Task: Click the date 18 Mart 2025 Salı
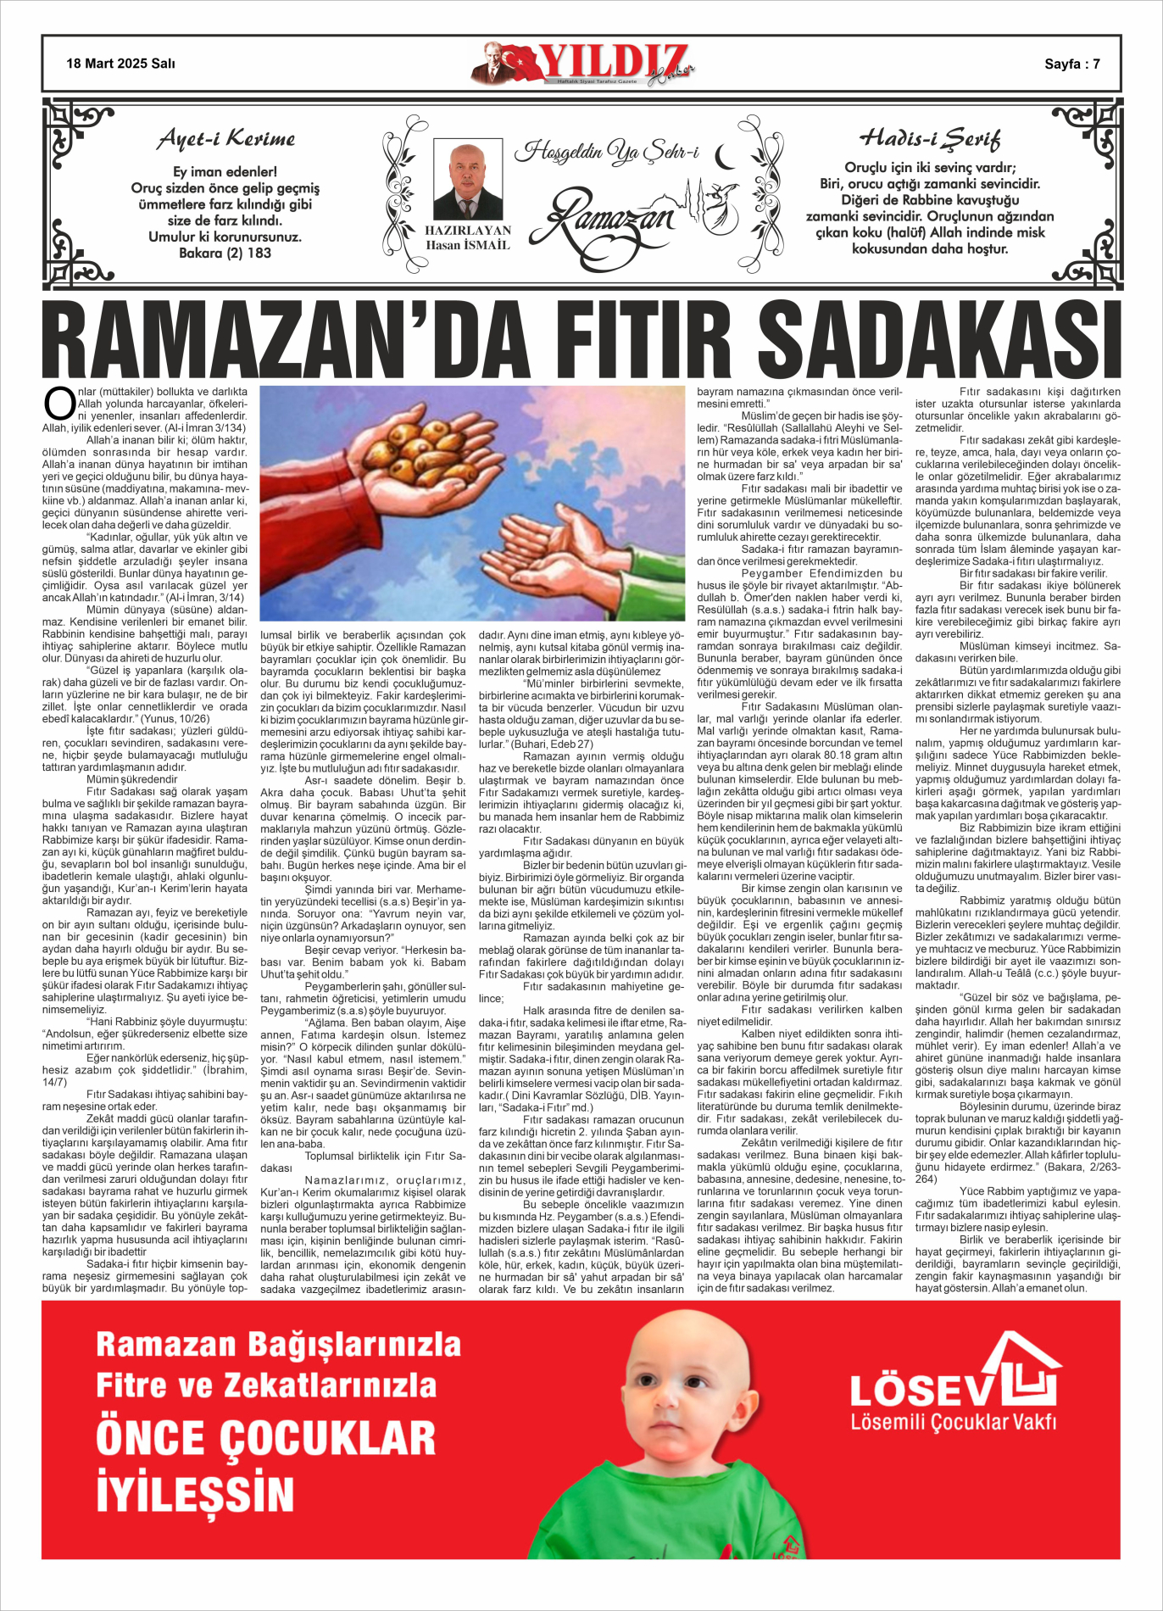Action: [120, 64]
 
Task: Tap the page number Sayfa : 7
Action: [1071, 64]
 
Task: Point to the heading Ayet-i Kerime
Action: [226, 140]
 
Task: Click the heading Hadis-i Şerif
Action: [930, 138]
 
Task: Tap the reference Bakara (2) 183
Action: [225, 253]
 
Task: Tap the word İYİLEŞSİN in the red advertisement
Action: [195, 1494]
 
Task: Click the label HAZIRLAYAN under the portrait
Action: [468, 231]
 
